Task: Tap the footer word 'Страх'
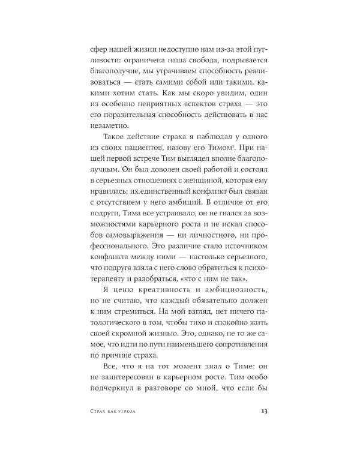95,411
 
